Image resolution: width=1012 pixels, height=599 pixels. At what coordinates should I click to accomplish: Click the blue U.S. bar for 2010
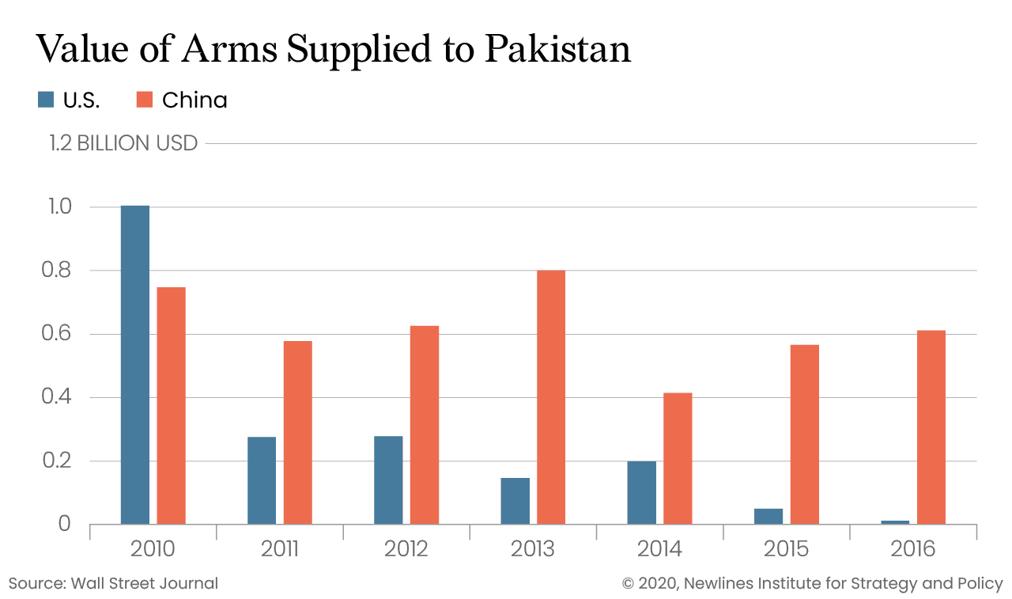[x=134, y=365]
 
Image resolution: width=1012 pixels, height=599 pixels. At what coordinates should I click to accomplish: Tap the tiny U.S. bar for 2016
[x=895, y=522]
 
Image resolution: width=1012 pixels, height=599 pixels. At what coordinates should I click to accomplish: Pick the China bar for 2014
[x=678, y=458]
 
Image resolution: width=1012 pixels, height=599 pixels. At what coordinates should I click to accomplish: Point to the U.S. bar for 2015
[x=768, y=516]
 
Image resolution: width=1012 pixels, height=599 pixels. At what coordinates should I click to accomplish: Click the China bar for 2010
[x=171, y=405]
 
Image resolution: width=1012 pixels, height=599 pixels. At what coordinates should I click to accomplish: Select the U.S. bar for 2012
[x=388, y=480]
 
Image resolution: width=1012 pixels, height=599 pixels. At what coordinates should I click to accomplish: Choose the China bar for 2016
[x=931, y=427]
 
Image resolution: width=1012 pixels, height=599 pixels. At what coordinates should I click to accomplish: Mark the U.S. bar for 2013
[x=515, y=501]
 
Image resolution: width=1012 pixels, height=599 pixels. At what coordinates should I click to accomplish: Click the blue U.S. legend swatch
[x=46, y=100]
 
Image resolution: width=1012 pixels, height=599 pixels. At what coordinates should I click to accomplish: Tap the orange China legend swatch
[x=144, y=100]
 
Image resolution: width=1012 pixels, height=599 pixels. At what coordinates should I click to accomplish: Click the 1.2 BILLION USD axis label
[x=123, y=143]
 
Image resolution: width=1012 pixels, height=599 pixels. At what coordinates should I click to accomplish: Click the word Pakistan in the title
[x=557, y=49]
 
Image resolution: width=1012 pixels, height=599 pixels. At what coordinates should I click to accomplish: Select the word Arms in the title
[x=230, y=49]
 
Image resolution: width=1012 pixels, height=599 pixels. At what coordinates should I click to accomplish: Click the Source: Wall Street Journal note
[x=113, y=584]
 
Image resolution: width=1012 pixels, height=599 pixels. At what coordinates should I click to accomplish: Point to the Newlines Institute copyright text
[x=813, y=584]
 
